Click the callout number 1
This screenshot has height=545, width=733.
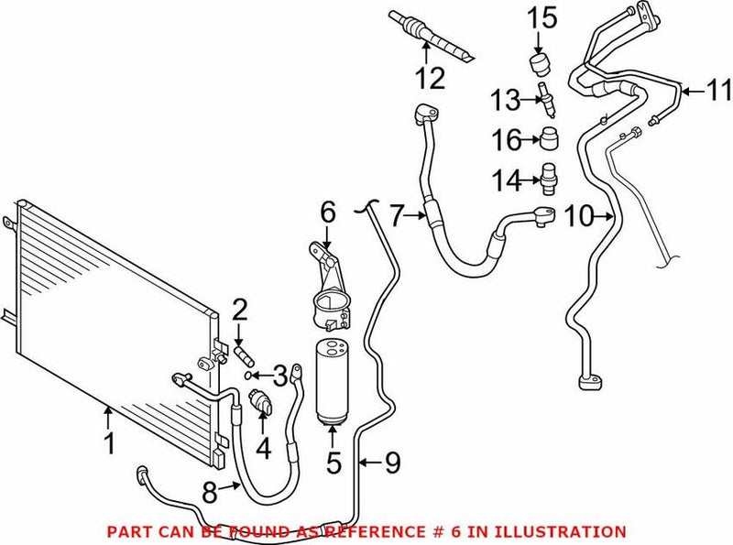[110, 446]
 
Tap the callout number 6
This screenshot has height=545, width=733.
[328, 213]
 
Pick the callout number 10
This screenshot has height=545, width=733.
[579, 218]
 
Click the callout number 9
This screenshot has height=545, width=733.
[392, 463]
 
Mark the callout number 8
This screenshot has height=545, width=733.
[209, 493]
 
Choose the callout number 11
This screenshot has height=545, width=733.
[718, 90]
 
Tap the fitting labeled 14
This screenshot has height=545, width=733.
[546, 176]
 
